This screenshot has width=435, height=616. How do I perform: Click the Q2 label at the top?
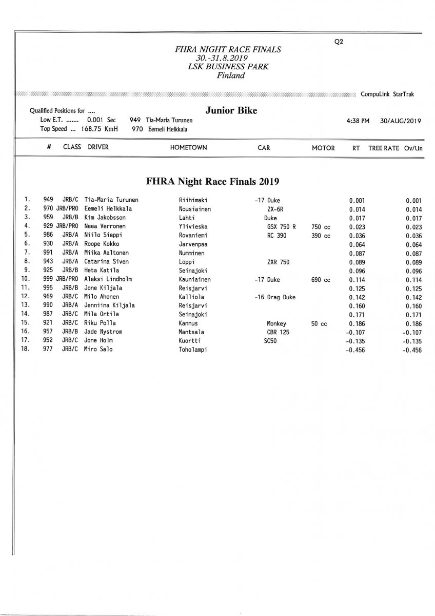(338, 42)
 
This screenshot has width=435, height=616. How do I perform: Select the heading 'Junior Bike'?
(231, 110)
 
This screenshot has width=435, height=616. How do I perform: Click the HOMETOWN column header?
(188, 147)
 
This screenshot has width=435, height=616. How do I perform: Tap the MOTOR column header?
(323, 147)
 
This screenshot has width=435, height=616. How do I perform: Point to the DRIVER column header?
(98, 147)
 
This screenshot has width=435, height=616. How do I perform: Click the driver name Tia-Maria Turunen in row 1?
(111, 200)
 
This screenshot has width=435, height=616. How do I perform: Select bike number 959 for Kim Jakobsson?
(48, 218)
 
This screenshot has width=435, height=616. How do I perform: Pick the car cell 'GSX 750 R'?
(282, 226)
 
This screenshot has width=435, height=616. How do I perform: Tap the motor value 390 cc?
(321, 235)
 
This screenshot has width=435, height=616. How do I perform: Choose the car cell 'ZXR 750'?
(278, 262)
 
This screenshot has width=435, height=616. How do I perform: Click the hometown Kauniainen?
(194, 279)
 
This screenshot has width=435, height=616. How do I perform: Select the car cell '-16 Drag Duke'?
(275, 297)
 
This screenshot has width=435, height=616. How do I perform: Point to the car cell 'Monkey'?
(276, 323)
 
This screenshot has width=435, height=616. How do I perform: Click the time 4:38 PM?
(358, 121)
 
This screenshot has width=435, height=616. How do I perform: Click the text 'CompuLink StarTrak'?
(387, 94)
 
